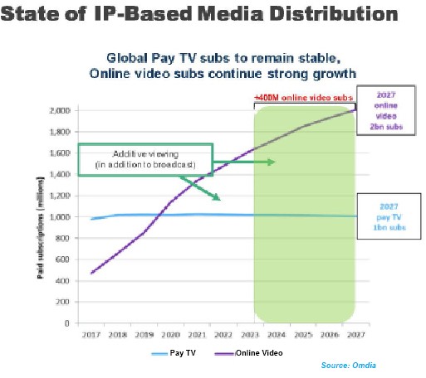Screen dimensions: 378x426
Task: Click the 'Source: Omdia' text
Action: tap(347, 365)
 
